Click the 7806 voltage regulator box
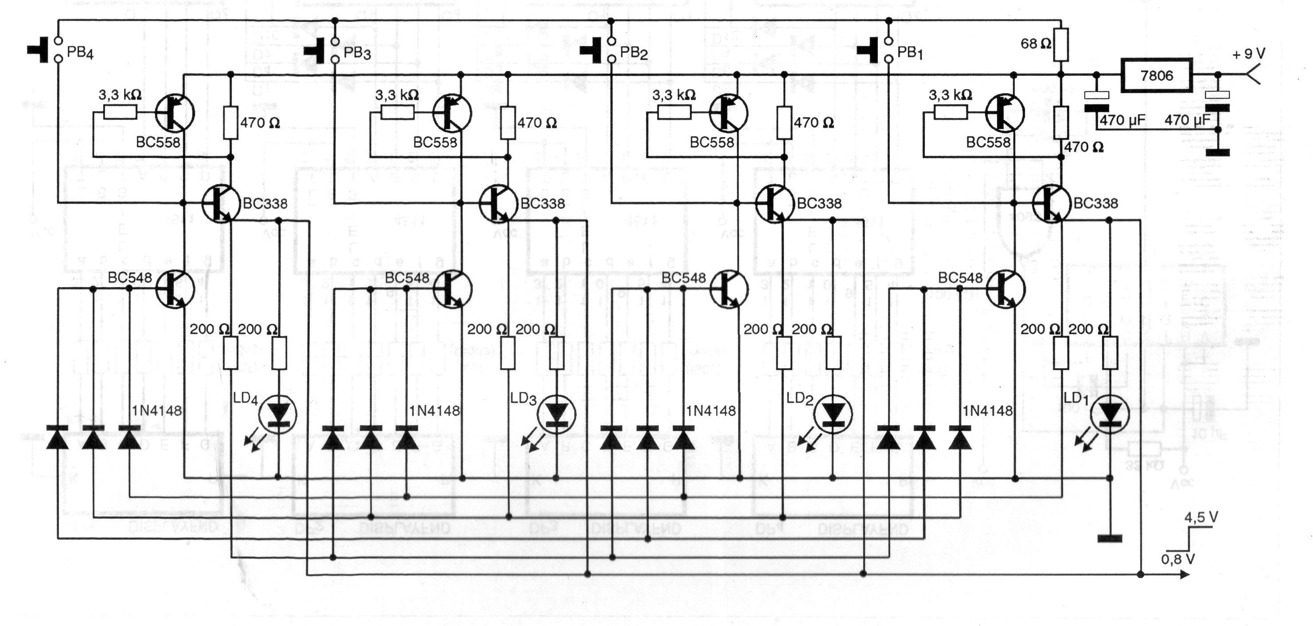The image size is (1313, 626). pos(1156,75)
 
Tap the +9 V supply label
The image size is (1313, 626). pos(1248,54)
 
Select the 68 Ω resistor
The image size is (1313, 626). pos(1061,44)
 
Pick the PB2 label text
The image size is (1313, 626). pos(634,52)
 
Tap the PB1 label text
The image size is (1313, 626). pos(910,52)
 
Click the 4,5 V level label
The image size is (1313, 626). pos(1201,517)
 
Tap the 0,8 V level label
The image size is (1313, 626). pos(1178,559)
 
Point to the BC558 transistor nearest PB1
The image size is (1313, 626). pos(1005,113)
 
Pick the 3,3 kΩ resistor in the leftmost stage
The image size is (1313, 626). pos(120,112)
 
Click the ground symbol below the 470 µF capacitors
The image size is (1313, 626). pos(1218,152)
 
